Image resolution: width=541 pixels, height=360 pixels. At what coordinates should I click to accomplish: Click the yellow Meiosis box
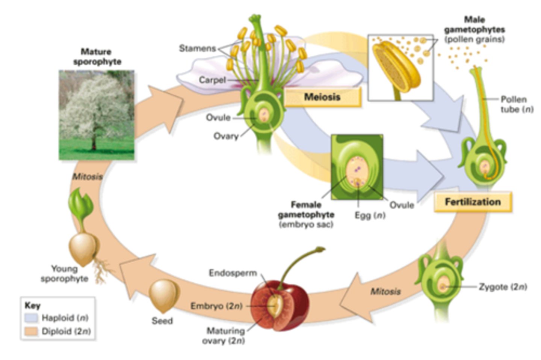322,97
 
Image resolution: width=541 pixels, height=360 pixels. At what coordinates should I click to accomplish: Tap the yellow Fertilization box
473,202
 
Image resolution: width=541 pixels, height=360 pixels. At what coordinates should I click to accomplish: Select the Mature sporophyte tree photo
97,115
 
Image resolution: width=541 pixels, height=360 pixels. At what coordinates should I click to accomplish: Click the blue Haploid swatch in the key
32,318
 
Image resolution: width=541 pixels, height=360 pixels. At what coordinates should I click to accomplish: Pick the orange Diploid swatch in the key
32,331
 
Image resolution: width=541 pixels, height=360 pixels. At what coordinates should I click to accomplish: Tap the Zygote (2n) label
503,287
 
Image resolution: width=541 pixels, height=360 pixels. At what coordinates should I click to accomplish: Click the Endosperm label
233,273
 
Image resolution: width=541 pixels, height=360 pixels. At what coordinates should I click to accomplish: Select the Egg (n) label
370,215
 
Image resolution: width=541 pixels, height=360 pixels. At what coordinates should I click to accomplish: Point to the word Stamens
197,48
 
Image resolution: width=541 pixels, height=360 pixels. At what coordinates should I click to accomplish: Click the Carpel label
212,80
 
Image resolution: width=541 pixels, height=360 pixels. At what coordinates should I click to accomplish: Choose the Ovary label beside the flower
226,136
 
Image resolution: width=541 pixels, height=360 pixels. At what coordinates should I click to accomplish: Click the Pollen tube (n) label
516,104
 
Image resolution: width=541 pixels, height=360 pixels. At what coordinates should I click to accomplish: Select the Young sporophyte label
65,274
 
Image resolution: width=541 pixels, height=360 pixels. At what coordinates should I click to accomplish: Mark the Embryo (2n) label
216,306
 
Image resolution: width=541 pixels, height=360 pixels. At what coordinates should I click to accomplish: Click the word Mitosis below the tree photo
87,176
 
